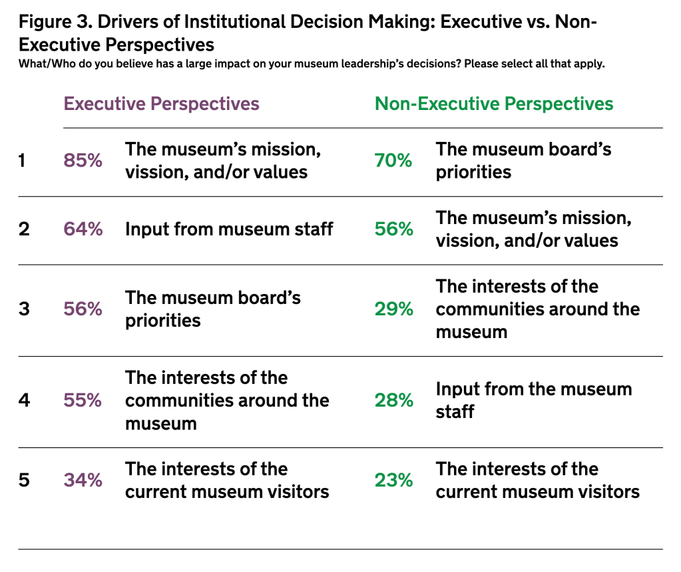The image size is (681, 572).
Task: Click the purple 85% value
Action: pos(83,161)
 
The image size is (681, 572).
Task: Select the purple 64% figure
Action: pos(83,229)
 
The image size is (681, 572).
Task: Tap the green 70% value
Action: pos(393,161)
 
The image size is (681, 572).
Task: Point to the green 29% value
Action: pos(393,309)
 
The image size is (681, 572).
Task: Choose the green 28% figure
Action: pos(393,401)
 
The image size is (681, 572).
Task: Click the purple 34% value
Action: pos(83,480)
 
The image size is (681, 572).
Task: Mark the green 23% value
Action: pos(393,480)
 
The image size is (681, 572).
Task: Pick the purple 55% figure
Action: pos(83,401)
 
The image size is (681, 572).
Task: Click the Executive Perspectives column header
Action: pos(161,104)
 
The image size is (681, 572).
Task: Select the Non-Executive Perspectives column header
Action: pos(494,104)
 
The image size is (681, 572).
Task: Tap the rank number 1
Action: pos(23,161)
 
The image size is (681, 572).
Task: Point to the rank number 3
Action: pos(24,309)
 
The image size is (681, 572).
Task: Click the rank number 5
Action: pos(24,480)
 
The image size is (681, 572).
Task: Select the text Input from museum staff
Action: pos(229,229)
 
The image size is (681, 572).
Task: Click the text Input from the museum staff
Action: pos(533,400)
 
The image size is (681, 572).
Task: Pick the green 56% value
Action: pos(393,229)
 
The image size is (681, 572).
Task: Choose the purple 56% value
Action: pos(83,309)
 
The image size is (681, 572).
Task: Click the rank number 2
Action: pos(24,229)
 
